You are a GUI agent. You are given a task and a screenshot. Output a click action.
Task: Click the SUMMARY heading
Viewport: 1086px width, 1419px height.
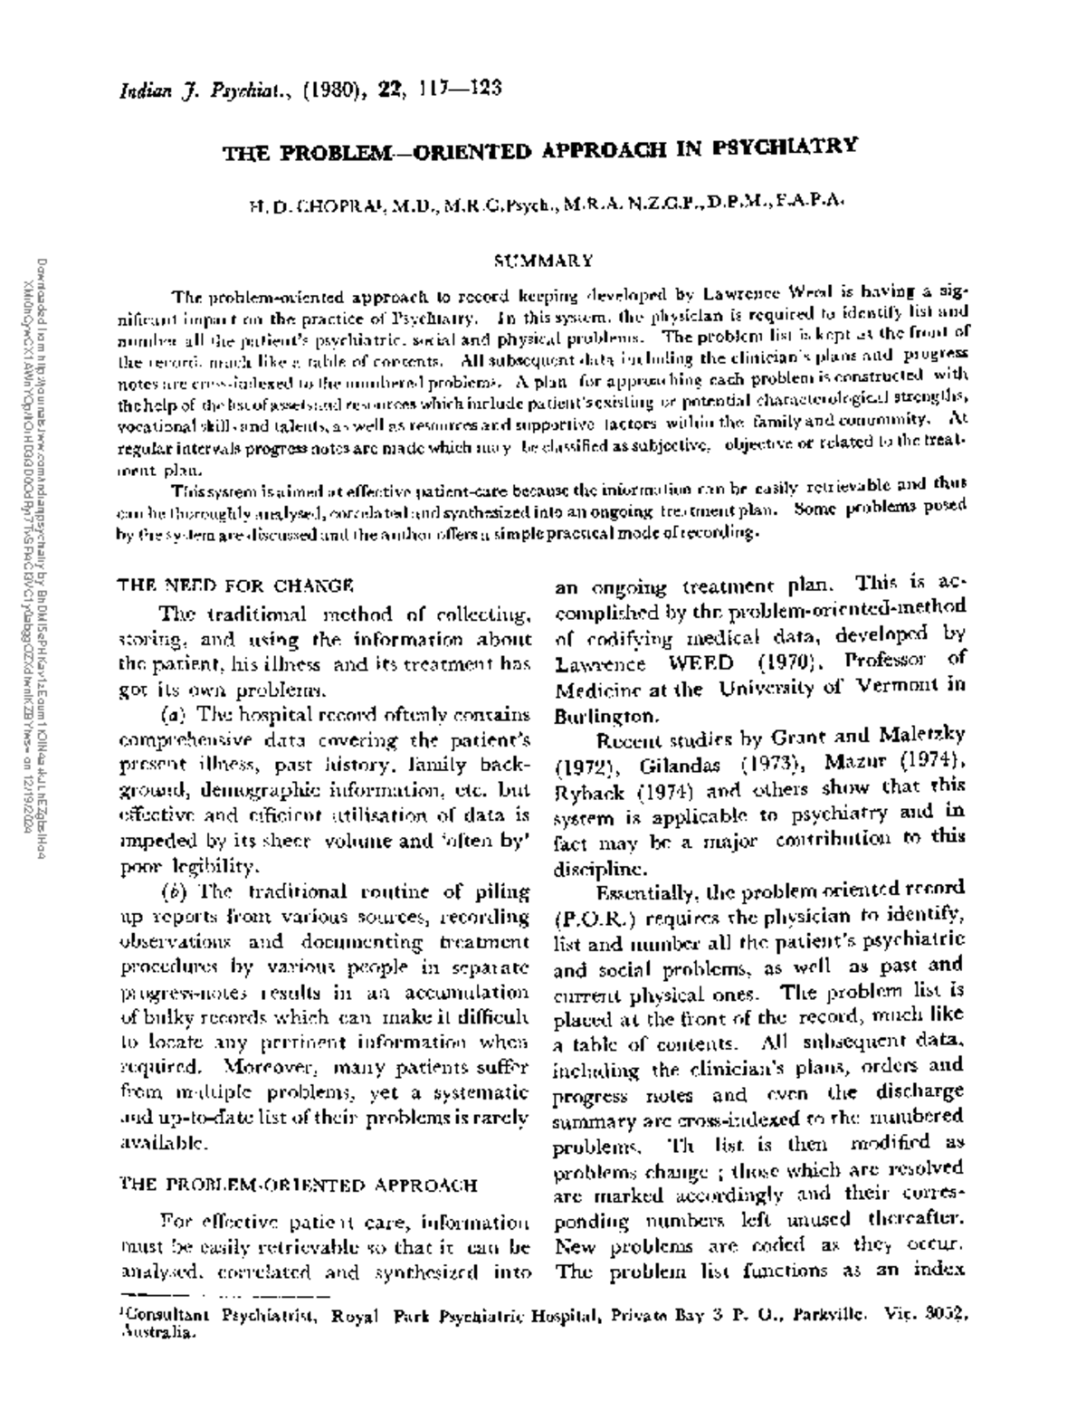(x=543, y=262)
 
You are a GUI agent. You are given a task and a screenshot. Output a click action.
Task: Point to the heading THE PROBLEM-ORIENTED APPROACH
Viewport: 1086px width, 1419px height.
(x=299, y=1185)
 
